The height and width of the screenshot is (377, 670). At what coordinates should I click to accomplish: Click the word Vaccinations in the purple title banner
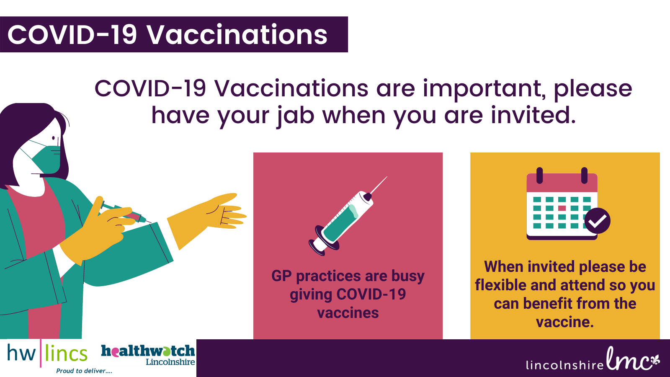tap(237, 35)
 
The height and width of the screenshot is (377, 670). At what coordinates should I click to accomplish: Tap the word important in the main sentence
tap(484, 90)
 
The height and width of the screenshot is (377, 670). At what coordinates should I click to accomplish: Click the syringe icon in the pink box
tap(348, 216)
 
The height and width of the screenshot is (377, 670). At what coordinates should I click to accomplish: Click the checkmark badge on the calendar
tap(597, 221)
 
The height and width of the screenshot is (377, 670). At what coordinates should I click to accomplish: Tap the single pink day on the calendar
tap(562, 208)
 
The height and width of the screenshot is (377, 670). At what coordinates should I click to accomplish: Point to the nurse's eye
tap(54, 138)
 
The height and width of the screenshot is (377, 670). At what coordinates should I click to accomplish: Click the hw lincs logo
tap(47, 353)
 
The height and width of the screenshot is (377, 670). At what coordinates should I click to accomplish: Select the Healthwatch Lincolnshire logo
tap(148, 355)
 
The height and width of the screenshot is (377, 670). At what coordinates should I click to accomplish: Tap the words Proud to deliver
tap(84, 371)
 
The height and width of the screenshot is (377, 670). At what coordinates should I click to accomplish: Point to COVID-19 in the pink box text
tap(371, 294)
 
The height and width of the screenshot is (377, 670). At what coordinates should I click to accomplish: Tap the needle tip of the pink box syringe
tap(387, 176)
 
